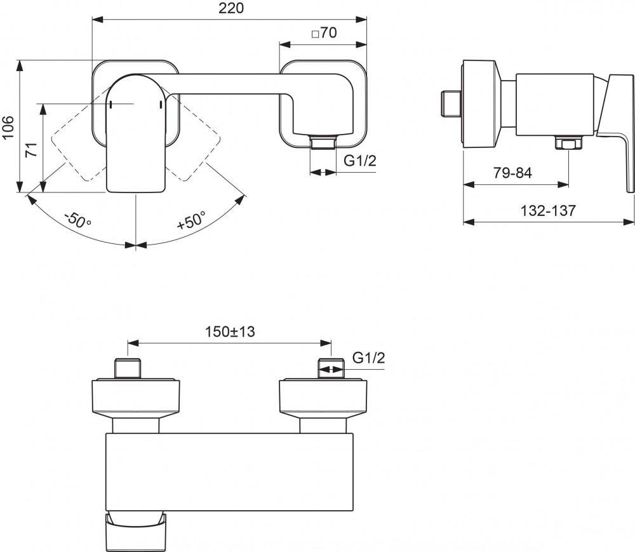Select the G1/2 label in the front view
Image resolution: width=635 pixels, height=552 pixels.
click(360, 161)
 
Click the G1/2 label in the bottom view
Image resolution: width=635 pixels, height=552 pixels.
click(369, 358)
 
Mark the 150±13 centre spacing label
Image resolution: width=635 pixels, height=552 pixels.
click(229, 331)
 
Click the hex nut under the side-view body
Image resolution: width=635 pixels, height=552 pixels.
click(565, 143)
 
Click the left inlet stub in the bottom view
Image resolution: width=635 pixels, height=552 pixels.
click(129, 368)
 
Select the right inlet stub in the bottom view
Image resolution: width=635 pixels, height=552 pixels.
click(331, 368)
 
